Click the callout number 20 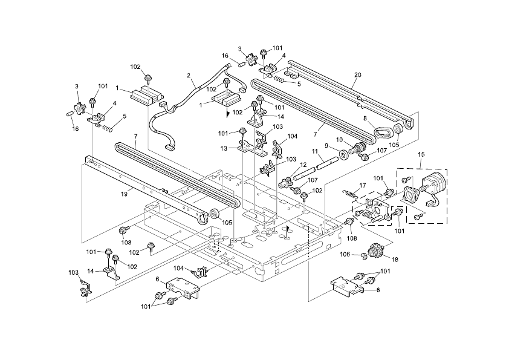(357, 74)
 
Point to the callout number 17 (363, 185)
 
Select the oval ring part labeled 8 (382, 131)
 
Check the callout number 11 (315, 150)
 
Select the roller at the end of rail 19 (213, 215)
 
